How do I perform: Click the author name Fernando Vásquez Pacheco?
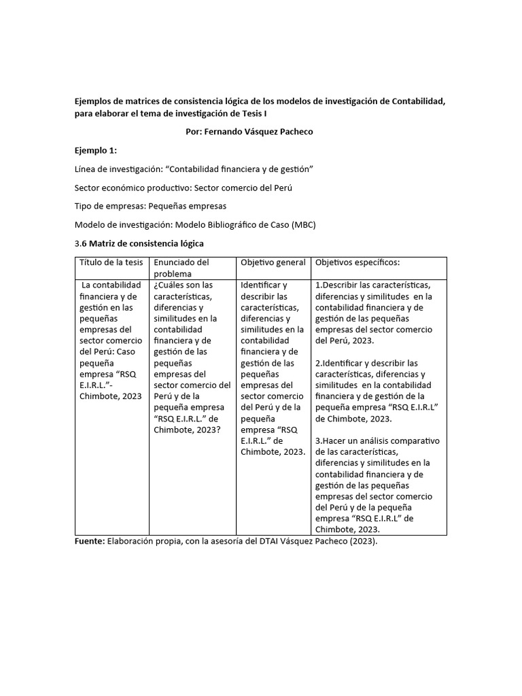click(249, 131)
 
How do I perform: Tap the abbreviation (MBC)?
click(303, 224)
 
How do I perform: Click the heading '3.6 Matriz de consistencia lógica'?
click(139, 243)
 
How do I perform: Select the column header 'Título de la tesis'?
click(111, 262)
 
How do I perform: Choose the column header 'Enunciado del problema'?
click(181, 267)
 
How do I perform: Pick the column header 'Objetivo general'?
click(273, 262)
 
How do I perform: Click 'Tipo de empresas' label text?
click(108, 206)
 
